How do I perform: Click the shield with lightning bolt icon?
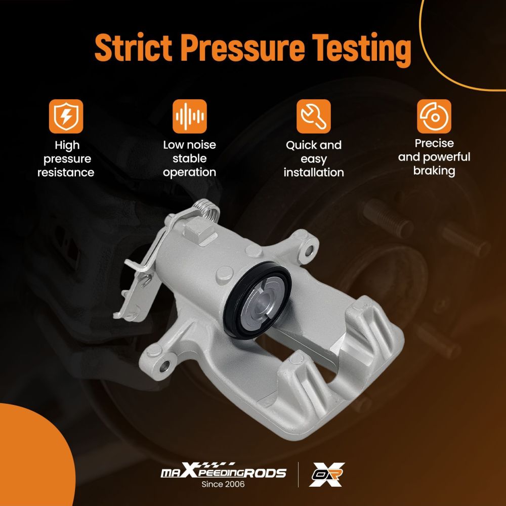[x=66, y=116]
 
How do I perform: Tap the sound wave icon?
[x=189, y=116]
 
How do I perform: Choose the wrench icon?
[x=313, y=116]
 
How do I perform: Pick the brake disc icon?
[x=434, y=116]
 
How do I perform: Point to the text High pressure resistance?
[x=66, y=159]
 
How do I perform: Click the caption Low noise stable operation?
[x=189, y=158]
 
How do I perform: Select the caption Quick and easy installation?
[x=314, y=159]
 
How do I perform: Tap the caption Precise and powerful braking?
[x=434, y=157]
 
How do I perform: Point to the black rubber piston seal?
[x=258, y=300]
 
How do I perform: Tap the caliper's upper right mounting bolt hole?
[x=309, y=249]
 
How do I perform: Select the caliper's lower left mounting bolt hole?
[x=164, y=366]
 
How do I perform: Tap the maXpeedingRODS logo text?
[x=223, y=471]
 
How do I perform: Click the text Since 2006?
[x=223, y=484]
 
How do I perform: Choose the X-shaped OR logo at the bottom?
[x=327, y=474]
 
